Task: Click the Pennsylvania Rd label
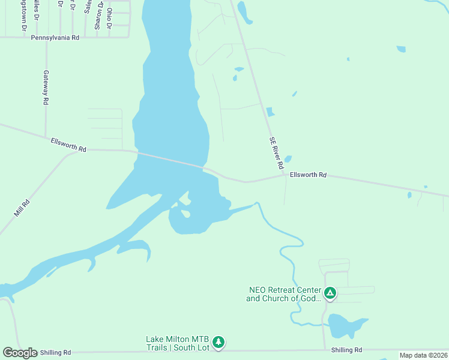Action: [55, 37]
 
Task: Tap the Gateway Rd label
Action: [46, 88]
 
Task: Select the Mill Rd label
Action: [22, 208]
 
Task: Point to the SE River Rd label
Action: [276, 152]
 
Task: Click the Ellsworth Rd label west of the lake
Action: [69, 145]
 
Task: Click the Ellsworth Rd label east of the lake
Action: [308, 175]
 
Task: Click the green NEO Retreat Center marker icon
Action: [330, 293]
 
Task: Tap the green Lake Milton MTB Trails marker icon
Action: [218, 343]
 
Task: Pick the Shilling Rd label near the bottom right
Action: [346, 350]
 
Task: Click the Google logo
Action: [20, 352]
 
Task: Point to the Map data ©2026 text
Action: [423, 355]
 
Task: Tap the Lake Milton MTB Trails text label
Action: [178, 343]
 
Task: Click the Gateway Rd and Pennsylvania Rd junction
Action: [46, 37]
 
